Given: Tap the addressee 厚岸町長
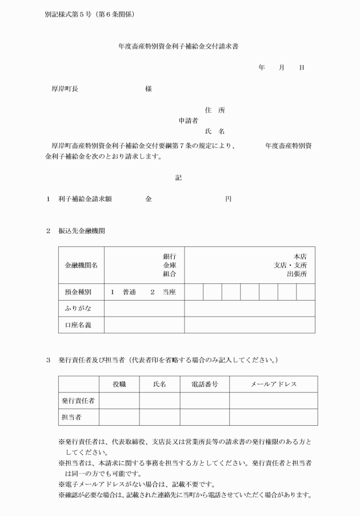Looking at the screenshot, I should click(x=65, y=89).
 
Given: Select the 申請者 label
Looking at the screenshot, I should click(x=188, y=121).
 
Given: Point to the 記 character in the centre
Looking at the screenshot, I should click(x=178, y=178).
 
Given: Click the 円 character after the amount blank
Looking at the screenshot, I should click(x=229, y=199).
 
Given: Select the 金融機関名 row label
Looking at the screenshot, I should click(x=81, y=265).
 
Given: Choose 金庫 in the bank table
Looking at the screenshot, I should click(x=169, y=265).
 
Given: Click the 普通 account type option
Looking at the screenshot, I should click(x=129, y=292).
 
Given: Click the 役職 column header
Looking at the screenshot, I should click(x=119, y=385).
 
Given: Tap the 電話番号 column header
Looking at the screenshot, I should click(x=205, y=385).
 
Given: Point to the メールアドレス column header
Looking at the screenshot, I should click(x=273, y=385).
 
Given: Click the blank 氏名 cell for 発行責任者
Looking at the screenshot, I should click(x=159, y=401).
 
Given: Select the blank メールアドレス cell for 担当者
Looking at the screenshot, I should click(x=273, y=417).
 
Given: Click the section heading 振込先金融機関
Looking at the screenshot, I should click(x=81, y=231).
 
